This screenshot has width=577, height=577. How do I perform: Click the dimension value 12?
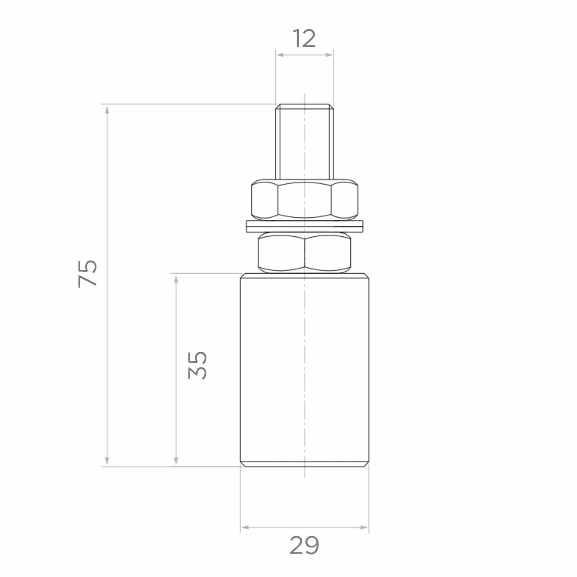click(304, 39)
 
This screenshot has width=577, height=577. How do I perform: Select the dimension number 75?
click(87, 274)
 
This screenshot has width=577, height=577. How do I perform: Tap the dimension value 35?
click(197, 365)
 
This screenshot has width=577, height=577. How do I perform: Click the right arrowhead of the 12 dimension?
click(329, 55)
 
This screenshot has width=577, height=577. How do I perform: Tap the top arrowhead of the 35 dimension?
click(176, 279)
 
